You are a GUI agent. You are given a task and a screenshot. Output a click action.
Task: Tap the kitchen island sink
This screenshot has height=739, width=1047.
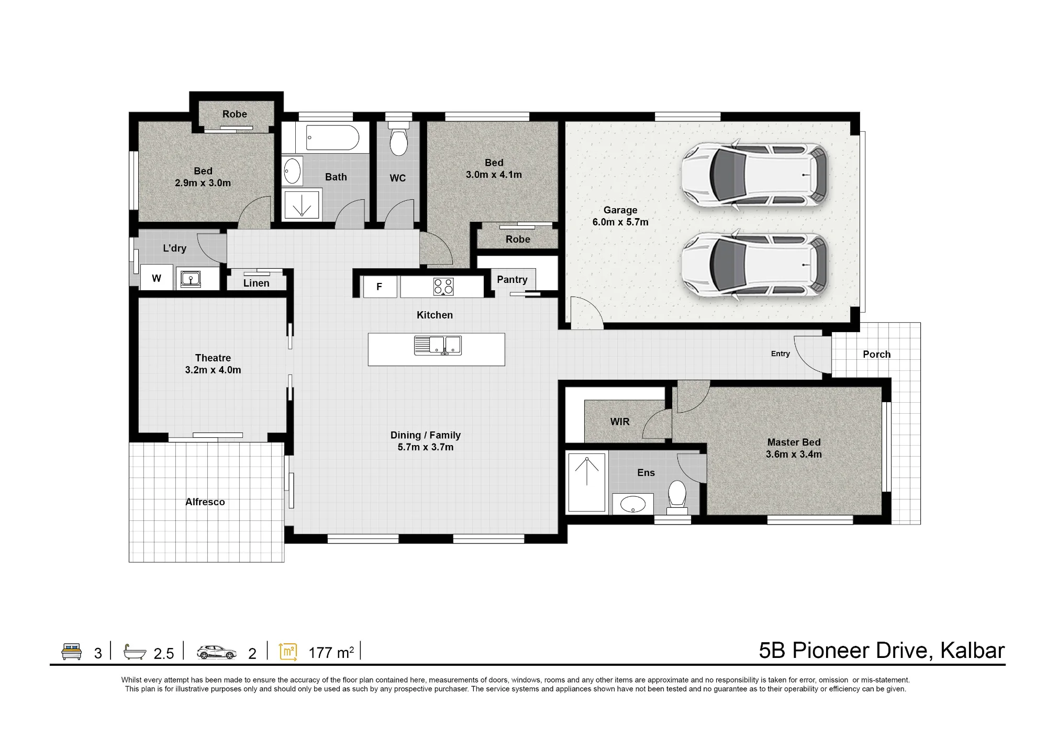(438, 345)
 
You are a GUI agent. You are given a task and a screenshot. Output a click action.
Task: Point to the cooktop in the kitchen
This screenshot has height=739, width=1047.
(443, 287)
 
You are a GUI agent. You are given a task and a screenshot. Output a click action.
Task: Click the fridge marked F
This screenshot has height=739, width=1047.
(380, 287)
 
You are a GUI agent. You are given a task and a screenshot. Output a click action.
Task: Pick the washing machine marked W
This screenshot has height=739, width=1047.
(157, 278)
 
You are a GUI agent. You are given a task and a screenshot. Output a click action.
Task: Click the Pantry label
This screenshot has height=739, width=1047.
(512, 279)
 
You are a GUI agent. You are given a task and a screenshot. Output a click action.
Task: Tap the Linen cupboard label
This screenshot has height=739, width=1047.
(256, 283)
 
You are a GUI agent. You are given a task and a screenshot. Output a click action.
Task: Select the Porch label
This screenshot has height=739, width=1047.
(877, 354)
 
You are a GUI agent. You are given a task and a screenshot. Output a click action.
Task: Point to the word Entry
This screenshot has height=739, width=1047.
(780, 354)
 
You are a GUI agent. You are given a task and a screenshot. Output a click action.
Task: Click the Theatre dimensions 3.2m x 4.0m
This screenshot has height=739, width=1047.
(213, 370)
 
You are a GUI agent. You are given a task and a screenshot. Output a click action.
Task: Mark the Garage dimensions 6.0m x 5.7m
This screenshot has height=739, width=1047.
(620, 222)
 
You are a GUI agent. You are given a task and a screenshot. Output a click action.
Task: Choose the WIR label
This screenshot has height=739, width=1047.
(620, 422)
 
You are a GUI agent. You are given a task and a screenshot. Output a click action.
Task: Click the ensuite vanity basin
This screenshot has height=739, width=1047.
(632, 504)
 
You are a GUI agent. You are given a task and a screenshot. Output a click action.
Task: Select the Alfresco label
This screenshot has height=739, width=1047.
(205, 502)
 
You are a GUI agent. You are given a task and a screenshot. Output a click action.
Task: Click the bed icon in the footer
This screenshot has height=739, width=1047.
(72, 651)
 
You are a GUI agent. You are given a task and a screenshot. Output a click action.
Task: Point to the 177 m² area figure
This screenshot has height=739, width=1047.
(331, 652)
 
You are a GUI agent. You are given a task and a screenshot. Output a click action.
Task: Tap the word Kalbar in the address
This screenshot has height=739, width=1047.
(972, 650)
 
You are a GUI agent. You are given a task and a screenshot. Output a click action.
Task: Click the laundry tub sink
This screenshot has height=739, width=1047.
(191, 278)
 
